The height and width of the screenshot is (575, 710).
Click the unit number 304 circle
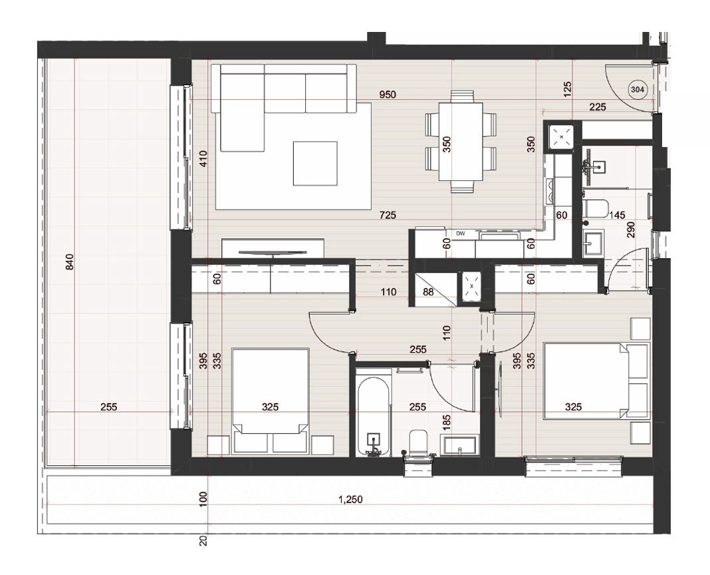point(637,90)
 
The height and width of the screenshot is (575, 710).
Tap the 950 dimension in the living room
point(387,95)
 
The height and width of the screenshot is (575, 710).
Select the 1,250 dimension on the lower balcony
point(350,500)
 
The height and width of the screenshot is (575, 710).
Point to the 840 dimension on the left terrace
point(69,262)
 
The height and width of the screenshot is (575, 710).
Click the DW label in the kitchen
point(461,234)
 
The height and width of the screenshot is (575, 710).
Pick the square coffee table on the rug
point(315,164)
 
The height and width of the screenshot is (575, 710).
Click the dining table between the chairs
point(461,142)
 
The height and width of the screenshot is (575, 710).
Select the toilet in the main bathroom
point(418,442)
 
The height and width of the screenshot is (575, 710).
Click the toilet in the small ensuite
point(596,208)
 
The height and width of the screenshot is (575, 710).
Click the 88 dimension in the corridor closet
point(428,292)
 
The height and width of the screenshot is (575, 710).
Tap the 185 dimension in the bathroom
point(447,422)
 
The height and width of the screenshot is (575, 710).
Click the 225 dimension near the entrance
point(598,107)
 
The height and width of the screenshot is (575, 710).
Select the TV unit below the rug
point(273,248)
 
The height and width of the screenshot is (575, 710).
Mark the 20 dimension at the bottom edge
point(203,540)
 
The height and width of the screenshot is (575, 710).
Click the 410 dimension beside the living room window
point(203,158)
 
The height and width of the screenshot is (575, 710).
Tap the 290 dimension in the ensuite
point(631,230)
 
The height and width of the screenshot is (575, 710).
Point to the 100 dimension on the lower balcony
point(203,499)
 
